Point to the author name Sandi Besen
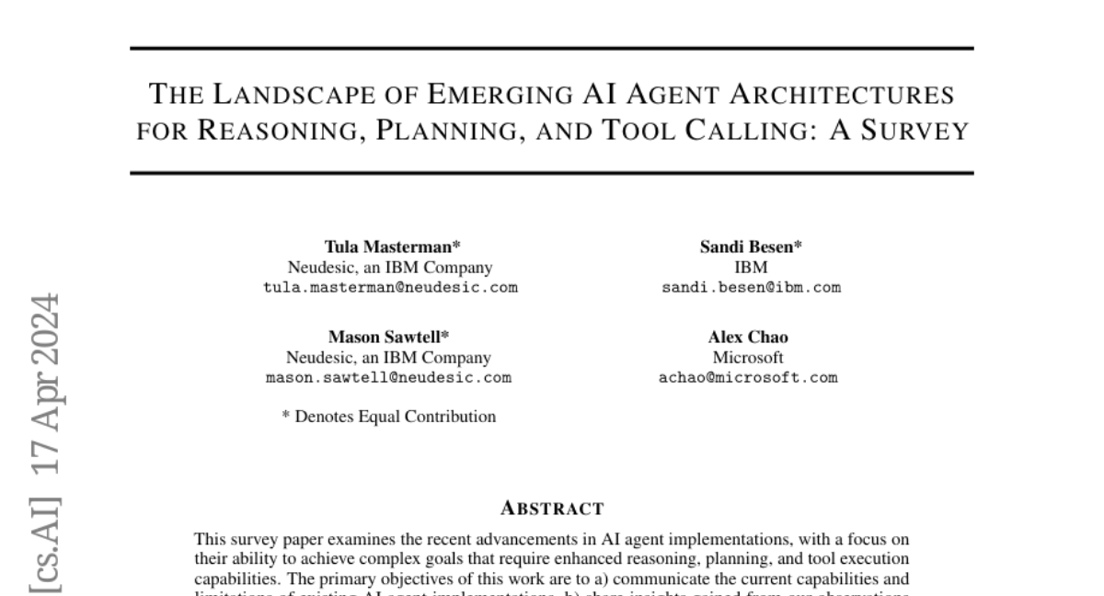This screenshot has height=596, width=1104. click(751, 246)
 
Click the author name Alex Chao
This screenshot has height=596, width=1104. click(748, 337)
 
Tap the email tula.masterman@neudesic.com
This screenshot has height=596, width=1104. click(390, 287)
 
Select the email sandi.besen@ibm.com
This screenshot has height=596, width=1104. click(751, 287)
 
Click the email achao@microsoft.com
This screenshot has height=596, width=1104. click(749, 377)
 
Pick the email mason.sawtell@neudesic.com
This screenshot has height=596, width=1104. click(388, 377)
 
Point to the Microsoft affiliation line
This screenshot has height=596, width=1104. click(748, 357)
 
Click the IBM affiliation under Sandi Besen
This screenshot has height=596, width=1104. click(751, 267)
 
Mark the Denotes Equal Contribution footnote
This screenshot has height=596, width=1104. click(388, 417)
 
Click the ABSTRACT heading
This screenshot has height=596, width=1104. click(551, 508)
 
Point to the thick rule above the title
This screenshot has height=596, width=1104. click(551, 48)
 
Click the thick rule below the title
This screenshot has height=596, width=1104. click(551, 172)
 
